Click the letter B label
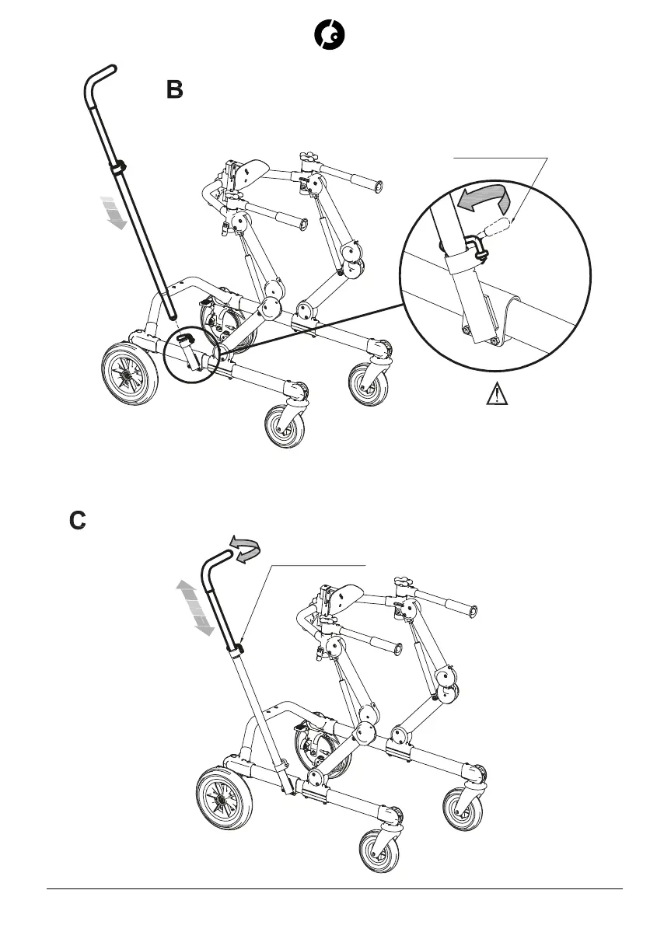click(x=175, y=90)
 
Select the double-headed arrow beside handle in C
click(x=195, y=607)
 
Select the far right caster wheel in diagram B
click(x=367, y=383)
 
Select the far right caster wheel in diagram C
click(x=463, y=808)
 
